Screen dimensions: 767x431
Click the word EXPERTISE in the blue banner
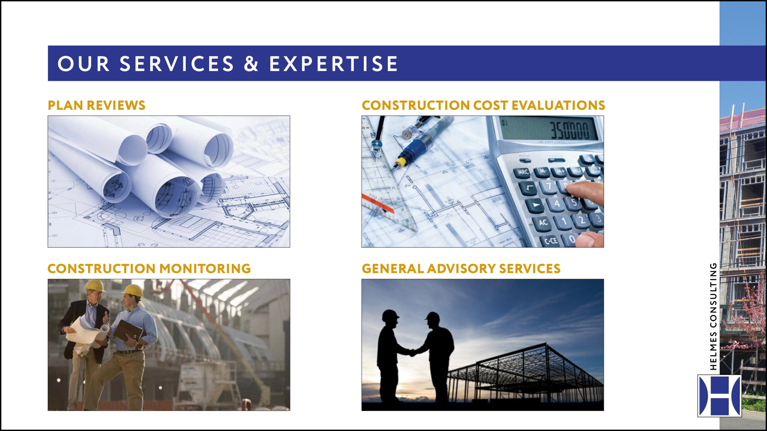333,63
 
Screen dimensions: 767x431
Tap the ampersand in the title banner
251,63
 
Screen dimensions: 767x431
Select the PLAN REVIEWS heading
96,105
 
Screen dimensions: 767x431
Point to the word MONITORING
205,268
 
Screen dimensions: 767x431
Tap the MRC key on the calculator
523,172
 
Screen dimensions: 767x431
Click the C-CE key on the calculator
550,240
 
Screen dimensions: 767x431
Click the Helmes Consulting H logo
719,395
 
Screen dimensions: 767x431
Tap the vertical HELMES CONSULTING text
713,316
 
